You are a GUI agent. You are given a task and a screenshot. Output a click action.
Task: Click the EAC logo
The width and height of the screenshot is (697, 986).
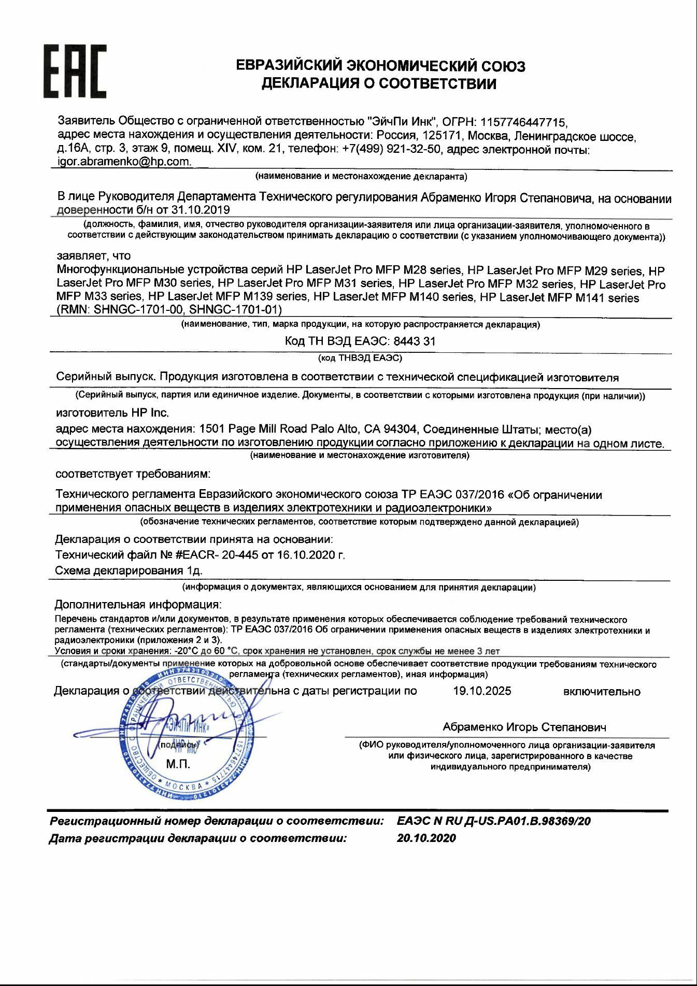(x=75, y=72)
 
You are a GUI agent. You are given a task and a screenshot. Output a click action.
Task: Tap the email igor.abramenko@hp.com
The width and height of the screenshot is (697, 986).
(x=124, y=162)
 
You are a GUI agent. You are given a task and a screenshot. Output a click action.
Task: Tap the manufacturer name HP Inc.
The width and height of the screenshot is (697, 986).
(x=150, y=413)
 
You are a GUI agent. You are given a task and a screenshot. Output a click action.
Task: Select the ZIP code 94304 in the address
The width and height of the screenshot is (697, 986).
(x=404, y=429)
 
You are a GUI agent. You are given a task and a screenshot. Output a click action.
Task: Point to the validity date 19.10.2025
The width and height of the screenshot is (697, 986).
(x=481, y=691)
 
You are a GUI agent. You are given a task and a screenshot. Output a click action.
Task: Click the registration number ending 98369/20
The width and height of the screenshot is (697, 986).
(x=494, y=821)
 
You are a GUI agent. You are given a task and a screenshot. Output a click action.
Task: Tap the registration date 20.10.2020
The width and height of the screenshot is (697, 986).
(x=426, y=838)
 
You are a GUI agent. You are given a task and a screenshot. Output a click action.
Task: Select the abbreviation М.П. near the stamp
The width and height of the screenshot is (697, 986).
(x=178, y=764)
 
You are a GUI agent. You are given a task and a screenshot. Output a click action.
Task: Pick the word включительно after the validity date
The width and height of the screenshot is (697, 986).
(x=601, y=692)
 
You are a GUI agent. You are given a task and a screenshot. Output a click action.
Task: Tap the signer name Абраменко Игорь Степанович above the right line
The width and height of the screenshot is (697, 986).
(x=524, y=727)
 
